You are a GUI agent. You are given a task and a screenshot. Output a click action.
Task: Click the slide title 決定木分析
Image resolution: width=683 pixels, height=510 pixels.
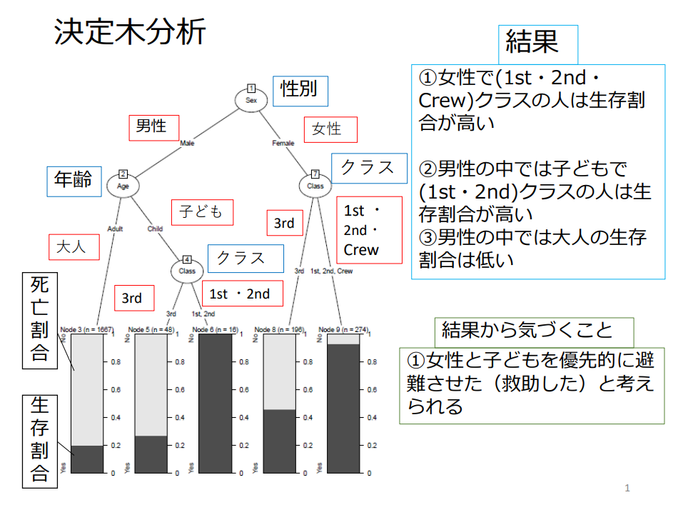tap(130, 32)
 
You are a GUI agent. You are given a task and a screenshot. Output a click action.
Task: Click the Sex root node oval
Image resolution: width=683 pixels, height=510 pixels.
tap(251, 100)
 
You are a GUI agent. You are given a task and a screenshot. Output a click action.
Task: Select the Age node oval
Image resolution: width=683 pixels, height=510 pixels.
tap(123, 186)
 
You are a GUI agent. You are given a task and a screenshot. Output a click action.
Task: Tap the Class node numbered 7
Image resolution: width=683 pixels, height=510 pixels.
tap(315, 186)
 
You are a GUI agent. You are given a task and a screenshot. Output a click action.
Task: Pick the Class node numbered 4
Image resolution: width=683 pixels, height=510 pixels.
tap(187, 271)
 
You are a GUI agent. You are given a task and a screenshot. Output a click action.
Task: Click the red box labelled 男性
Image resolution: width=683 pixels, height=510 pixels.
tap(151, 126)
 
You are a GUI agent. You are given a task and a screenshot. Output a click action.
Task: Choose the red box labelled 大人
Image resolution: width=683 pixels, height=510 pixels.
tap(71, 247)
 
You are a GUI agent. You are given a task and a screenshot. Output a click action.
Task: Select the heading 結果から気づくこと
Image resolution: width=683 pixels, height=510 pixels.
tap(527, 331)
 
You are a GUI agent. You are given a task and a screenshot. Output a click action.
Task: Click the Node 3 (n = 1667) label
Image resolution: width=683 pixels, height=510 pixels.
tap(87, 329)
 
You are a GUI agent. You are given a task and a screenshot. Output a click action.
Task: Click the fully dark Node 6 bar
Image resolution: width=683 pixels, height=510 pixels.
tap(215, 404)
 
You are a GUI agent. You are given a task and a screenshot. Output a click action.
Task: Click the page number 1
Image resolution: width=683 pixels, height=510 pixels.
tap(627, 489)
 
